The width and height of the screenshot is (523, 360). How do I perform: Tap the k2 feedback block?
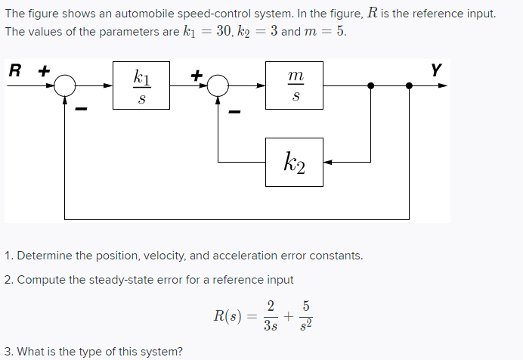294,162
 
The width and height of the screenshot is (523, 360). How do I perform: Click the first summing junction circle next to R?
65,86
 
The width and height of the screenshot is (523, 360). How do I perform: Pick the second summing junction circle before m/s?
218,86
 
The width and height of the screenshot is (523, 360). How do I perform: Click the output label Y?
435,71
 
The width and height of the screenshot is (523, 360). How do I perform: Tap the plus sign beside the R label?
43,72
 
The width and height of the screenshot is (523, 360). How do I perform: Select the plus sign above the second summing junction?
197,74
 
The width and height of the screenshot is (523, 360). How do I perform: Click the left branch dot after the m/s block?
370,86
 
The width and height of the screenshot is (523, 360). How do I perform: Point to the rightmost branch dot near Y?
410,86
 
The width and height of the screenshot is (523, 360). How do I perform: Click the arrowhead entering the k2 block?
329,162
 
